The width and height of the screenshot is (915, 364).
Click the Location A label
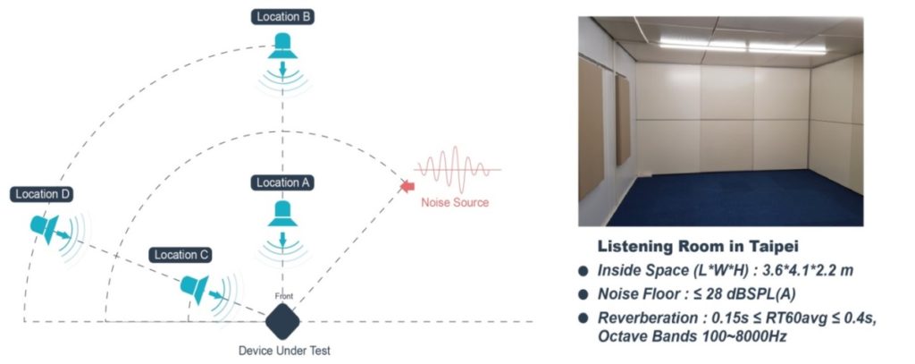[283, 182]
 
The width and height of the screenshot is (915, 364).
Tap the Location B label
[283, 16]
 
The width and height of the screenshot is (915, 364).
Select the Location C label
[181, 255]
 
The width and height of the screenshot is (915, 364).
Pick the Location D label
[42, 194]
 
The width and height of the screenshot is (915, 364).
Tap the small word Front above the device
[283, 296]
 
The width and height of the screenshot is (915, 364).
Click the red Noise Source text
[455, 202]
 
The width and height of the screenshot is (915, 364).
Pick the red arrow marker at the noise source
[407, 186]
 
